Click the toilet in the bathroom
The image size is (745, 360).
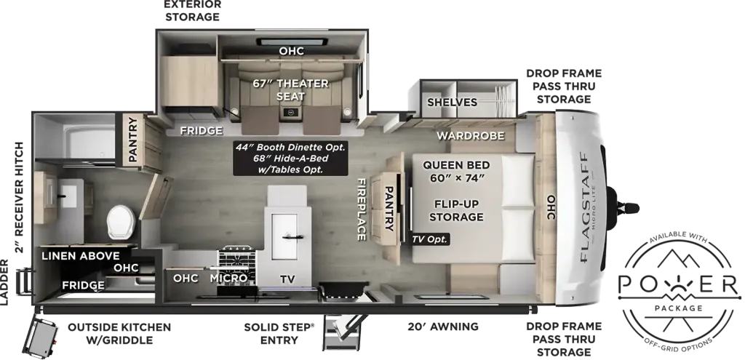pos(121,222)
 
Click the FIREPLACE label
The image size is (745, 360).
pos(362,209)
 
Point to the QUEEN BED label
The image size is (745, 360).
pos(456,165)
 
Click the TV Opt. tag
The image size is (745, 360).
pos(430,239)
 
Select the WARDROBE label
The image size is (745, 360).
pos(471,136)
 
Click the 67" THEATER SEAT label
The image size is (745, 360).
pos(290,89)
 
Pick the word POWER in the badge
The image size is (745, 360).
pos(679,284)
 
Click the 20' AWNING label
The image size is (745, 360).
pos(443,327)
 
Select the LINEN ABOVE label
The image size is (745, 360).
pos(80,256)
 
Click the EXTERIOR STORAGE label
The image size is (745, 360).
pos(192,11)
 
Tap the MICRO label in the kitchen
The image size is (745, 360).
pos(228,278)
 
